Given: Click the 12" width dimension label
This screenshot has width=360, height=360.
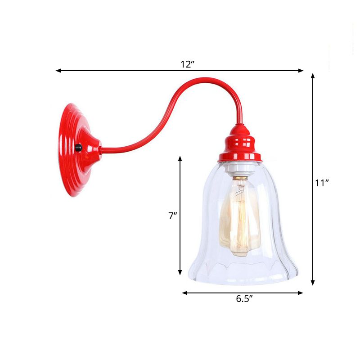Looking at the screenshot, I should [x=187, y=64].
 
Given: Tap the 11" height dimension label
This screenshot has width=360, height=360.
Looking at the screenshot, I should [x=322, y=183].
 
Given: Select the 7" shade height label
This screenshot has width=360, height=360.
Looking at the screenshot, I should [x=172, y=216].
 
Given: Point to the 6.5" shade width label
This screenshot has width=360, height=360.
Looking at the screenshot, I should [x=244, y=299].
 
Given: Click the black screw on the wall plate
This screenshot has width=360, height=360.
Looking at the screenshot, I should [x=79, y=148].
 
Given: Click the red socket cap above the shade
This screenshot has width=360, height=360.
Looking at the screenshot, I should [x=239, y=144].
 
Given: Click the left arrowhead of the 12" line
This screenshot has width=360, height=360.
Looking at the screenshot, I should [x=58, y=71].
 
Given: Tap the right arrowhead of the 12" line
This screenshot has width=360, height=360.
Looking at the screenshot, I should [x=301, y=71].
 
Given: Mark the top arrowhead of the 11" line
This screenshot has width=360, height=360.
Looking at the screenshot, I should [x=313, y=76].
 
